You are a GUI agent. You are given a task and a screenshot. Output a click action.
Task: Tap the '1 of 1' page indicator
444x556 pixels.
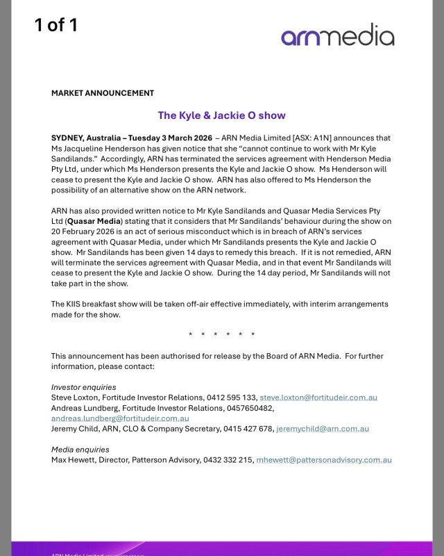pos(56,26)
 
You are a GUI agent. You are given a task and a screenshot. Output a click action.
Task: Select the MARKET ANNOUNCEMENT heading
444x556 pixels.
pos(103,93)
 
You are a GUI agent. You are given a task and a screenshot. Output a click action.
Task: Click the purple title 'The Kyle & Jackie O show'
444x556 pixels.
pos(221,115)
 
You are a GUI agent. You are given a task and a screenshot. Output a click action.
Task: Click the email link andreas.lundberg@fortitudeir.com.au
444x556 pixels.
pos(120,418)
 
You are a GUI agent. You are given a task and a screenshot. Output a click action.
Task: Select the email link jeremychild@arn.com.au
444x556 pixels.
pos(323,429)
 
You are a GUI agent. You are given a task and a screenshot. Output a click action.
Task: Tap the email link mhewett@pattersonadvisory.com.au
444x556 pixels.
pos(324,460)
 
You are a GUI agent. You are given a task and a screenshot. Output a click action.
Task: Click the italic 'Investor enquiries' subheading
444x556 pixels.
pos(84,387)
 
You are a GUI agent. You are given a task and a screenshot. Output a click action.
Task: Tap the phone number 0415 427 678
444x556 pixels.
pos(248,429)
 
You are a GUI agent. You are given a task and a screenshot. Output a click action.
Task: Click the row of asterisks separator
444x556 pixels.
pos(221,335)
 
